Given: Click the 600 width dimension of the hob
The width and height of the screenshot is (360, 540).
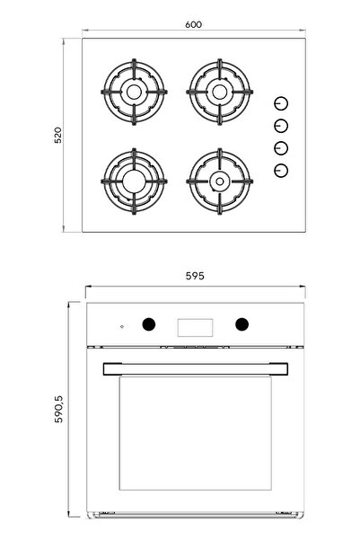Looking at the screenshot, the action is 193,25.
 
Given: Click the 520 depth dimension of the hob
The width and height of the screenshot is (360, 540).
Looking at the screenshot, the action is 58,135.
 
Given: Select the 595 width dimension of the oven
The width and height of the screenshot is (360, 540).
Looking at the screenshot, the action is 195,276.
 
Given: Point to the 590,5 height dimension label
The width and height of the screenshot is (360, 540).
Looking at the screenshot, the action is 58,409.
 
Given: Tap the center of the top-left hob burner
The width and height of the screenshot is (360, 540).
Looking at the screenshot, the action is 134,92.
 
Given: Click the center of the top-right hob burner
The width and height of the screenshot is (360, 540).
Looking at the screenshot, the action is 220,92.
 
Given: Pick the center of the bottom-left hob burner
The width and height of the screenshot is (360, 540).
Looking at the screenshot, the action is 134,181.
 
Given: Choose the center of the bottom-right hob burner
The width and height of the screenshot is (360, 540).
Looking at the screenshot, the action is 220,181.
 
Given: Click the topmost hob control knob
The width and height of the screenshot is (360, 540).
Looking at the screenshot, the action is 281,103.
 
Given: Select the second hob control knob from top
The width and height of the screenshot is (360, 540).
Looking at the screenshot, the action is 281,126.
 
